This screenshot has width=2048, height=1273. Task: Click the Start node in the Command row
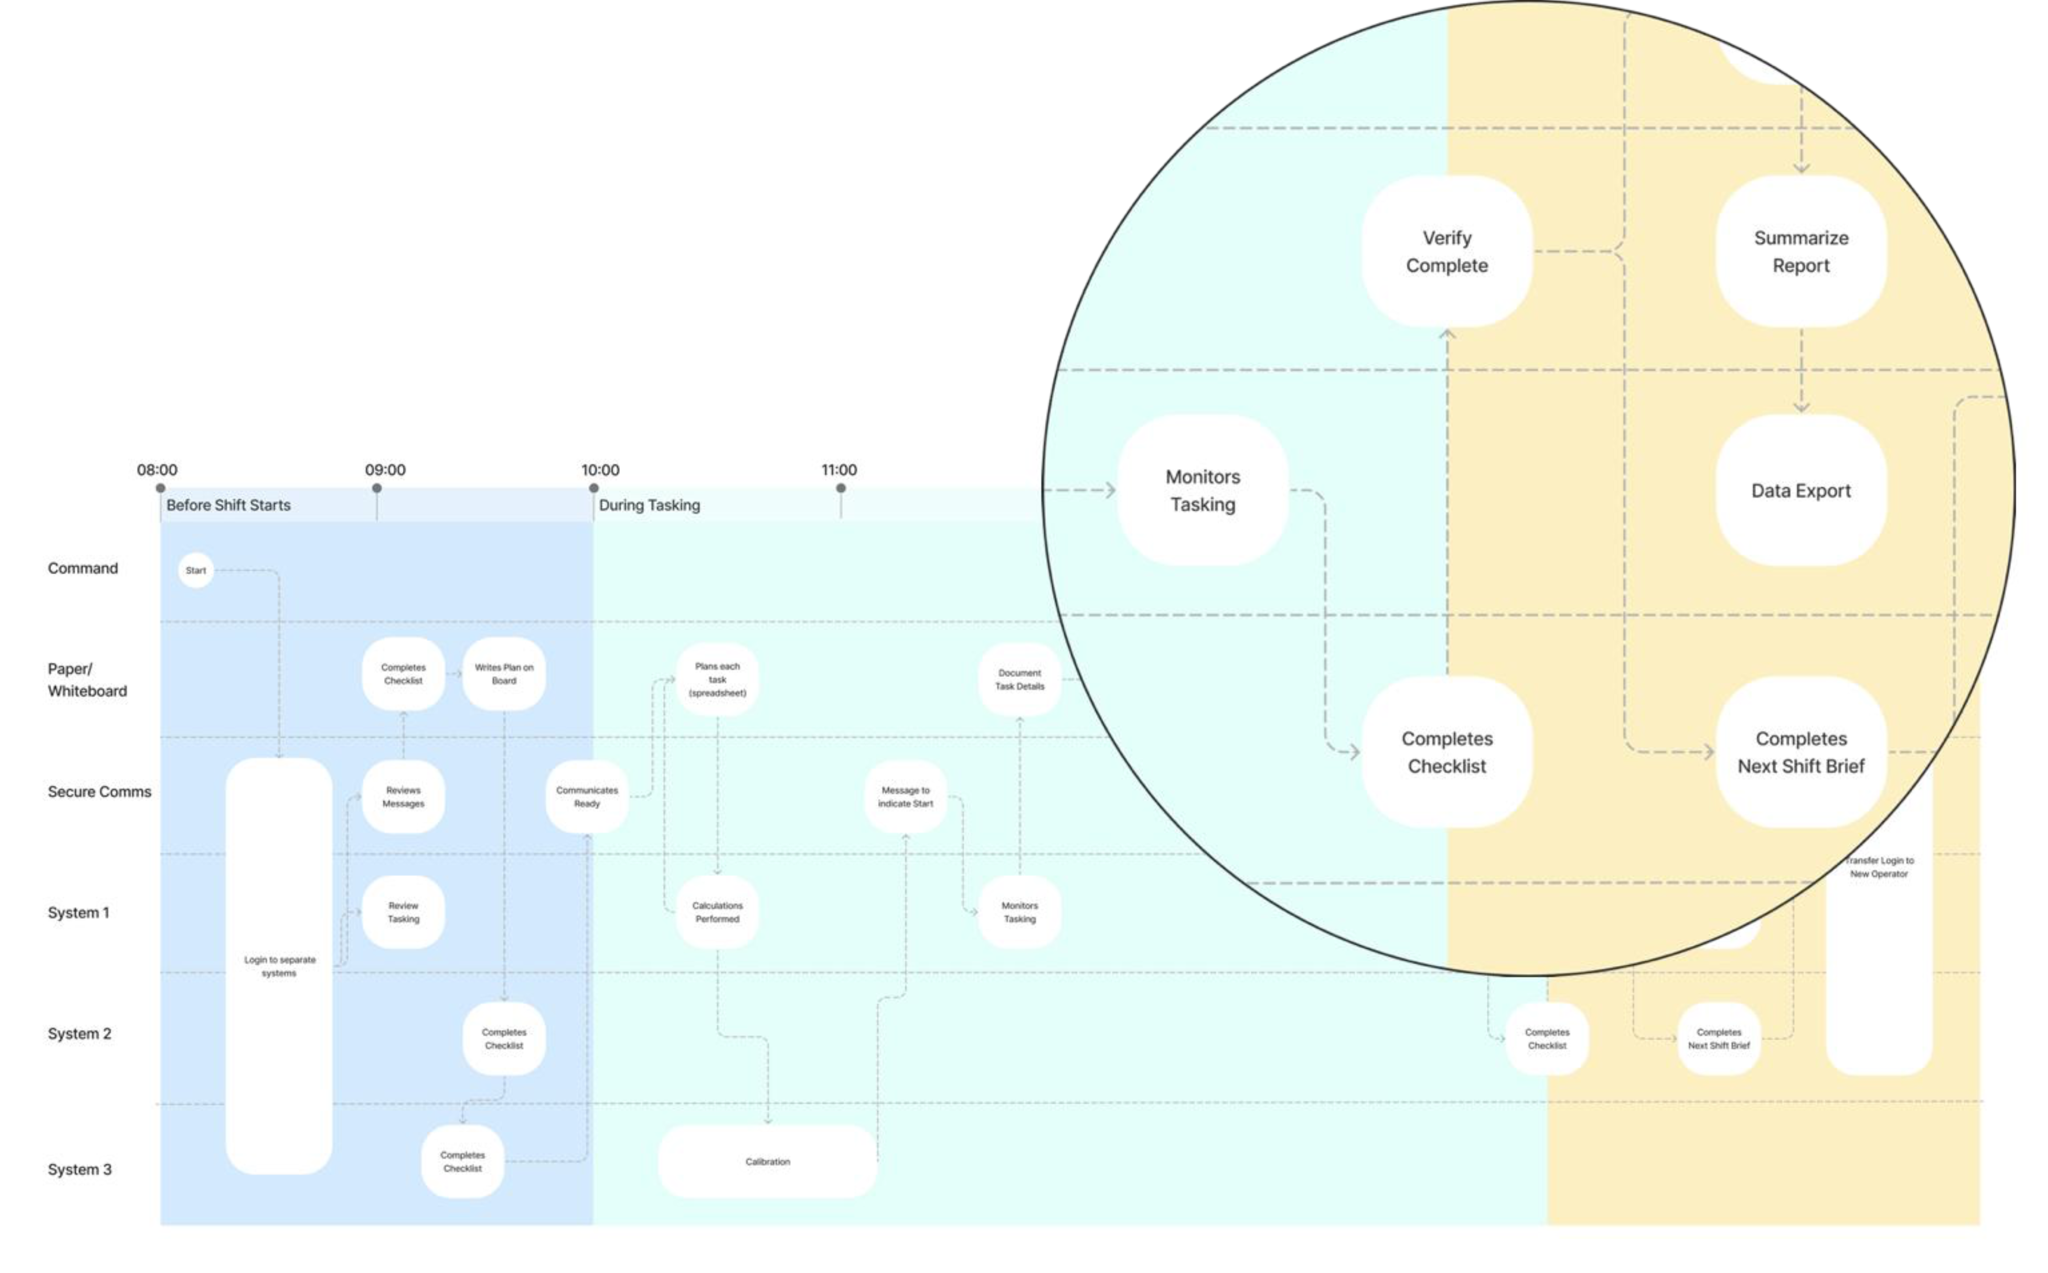tap(195, 571)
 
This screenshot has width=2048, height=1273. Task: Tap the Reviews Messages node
tap(403, 796)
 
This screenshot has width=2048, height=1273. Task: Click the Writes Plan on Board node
tap(503, 674)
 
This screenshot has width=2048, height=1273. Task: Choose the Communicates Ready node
tap(587, 796)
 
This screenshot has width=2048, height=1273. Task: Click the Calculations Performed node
tap(717, 912)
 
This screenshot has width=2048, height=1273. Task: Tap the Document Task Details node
tap(1019, 679)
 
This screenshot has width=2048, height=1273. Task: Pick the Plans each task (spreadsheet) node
tap(717, 679)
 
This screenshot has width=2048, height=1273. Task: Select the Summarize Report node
tap(1801, 252)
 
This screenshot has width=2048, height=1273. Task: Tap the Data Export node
tap(1801, 491)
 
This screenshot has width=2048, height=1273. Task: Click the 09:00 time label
tap(385, 470)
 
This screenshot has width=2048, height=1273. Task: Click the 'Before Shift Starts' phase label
tap(228, 505)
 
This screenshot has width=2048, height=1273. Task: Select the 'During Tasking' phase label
tap(649, 505)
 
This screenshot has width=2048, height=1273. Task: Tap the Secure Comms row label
tap(99, 791)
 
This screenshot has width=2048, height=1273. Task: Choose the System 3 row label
tap(79, 1170)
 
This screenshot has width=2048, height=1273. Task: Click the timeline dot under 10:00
tap(594, 488)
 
